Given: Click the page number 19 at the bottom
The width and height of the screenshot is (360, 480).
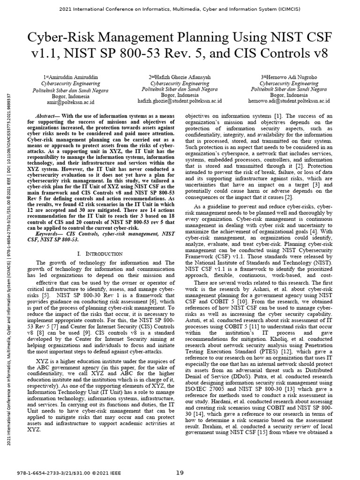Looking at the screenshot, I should point(180,472).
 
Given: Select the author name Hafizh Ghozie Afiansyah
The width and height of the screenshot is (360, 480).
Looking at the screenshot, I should point(180,77).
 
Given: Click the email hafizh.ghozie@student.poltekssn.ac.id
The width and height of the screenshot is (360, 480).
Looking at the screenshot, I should point(180,101).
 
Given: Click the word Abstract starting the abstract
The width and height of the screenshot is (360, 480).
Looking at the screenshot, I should point(48,116).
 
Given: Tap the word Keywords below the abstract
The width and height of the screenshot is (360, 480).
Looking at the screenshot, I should point(50,233).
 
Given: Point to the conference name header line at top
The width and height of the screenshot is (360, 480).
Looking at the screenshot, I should point(180,9).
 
